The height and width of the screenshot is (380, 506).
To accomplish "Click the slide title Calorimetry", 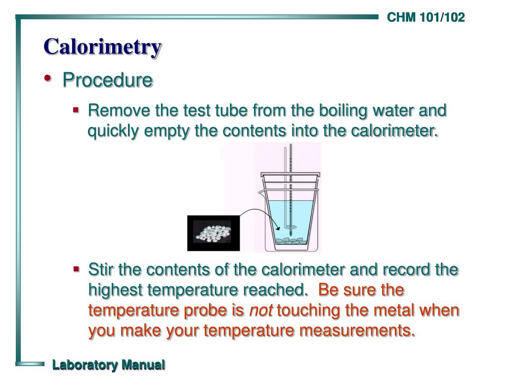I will point(102,47).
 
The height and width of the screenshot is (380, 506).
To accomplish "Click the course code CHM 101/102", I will point(425,18).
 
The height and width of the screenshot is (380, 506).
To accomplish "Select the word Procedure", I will point(107,80).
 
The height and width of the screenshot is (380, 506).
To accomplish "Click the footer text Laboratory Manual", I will point(109,365).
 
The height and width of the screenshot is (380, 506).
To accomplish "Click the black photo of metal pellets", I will point(213,233).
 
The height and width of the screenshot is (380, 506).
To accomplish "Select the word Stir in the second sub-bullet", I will point(101,270).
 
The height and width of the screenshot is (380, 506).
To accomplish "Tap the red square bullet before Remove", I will point(76,110).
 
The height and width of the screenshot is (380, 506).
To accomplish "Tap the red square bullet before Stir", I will point(76,270).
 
